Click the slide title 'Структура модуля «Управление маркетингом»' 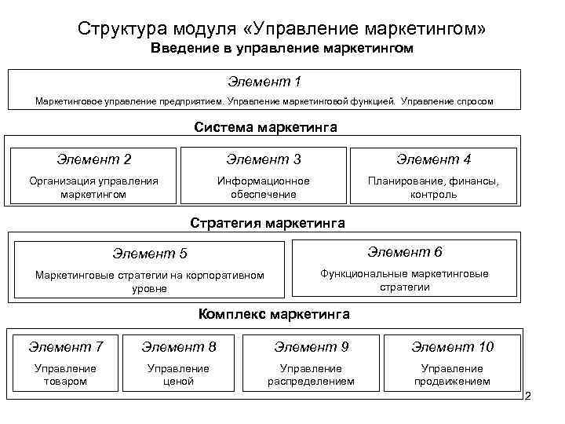coord(282,29)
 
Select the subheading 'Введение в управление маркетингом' coord(282,49)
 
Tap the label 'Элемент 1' coord(264,82)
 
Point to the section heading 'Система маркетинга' coord(265,127)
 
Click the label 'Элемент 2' coord(93,159)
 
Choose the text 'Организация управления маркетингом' coord(93,187)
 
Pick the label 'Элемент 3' coord(264,159)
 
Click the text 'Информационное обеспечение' coord(264,187)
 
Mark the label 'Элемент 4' coord(433,159)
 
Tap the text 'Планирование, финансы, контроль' coord(433,187)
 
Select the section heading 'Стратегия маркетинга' coord(268,223)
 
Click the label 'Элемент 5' coord(150,254)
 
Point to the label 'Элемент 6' coord(405,252)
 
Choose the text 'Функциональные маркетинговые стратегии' coord(405,280)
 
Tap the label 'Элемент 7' coord(66,347)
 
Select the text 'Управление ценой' coord(179,375)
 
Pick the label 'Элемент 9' coord(312,347)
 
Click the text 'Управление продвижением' coord(452,375)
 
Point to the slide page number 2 coord(528,397)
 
